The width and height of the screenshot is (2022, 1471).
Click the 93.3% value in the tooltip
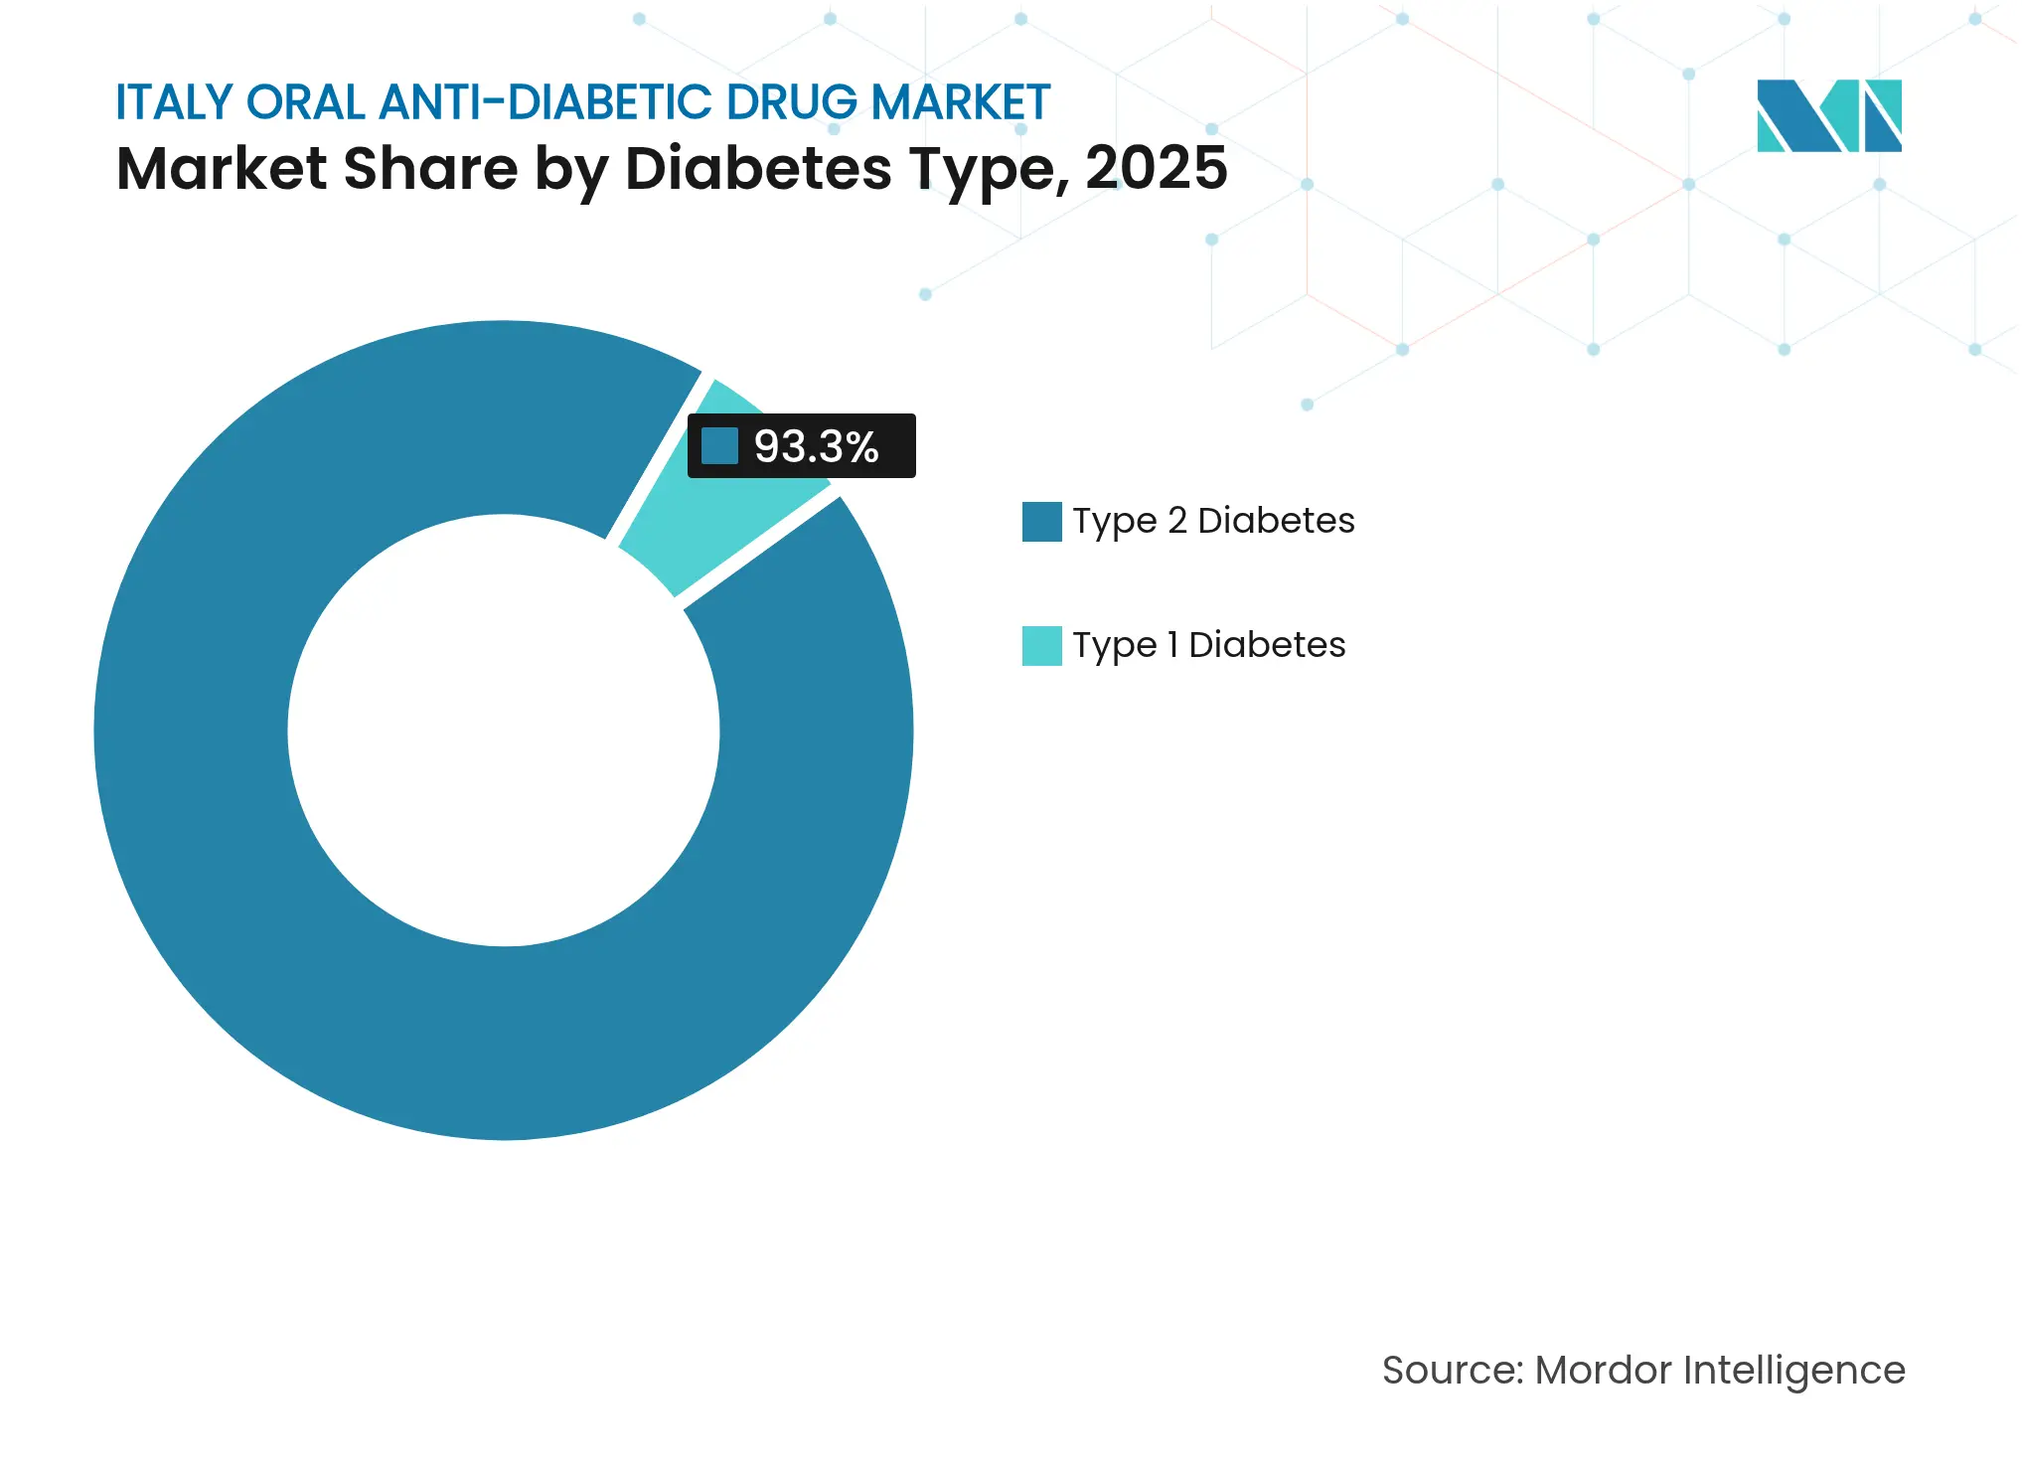coord(816,446)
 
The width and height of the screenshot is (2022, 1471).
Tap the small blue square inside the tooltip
coord(719,446)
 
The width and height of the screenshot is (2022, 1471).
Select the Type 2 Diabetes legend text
coord(1213,521)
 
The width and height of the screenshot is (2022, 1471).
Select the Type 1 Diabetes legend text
coord(1208,645)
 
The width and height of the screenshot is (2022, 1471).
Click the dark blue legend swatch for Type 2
coord(1041,522)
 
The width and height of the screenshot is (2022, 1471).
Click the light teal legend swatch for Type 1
coord(1041,646)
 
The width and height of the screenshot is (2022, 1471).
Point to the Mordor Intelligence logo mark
coord(1828,115)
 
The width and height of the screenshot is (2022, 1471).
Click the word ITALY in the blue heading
coord(174,102)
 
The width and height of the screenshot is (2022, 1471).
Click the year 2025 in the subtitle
coord(1156,168)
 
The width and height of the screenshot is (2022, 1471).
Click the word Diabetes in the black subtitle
coord(758,168)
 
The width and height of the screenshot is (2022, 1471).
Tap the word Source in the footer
coord(1452,1370)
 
